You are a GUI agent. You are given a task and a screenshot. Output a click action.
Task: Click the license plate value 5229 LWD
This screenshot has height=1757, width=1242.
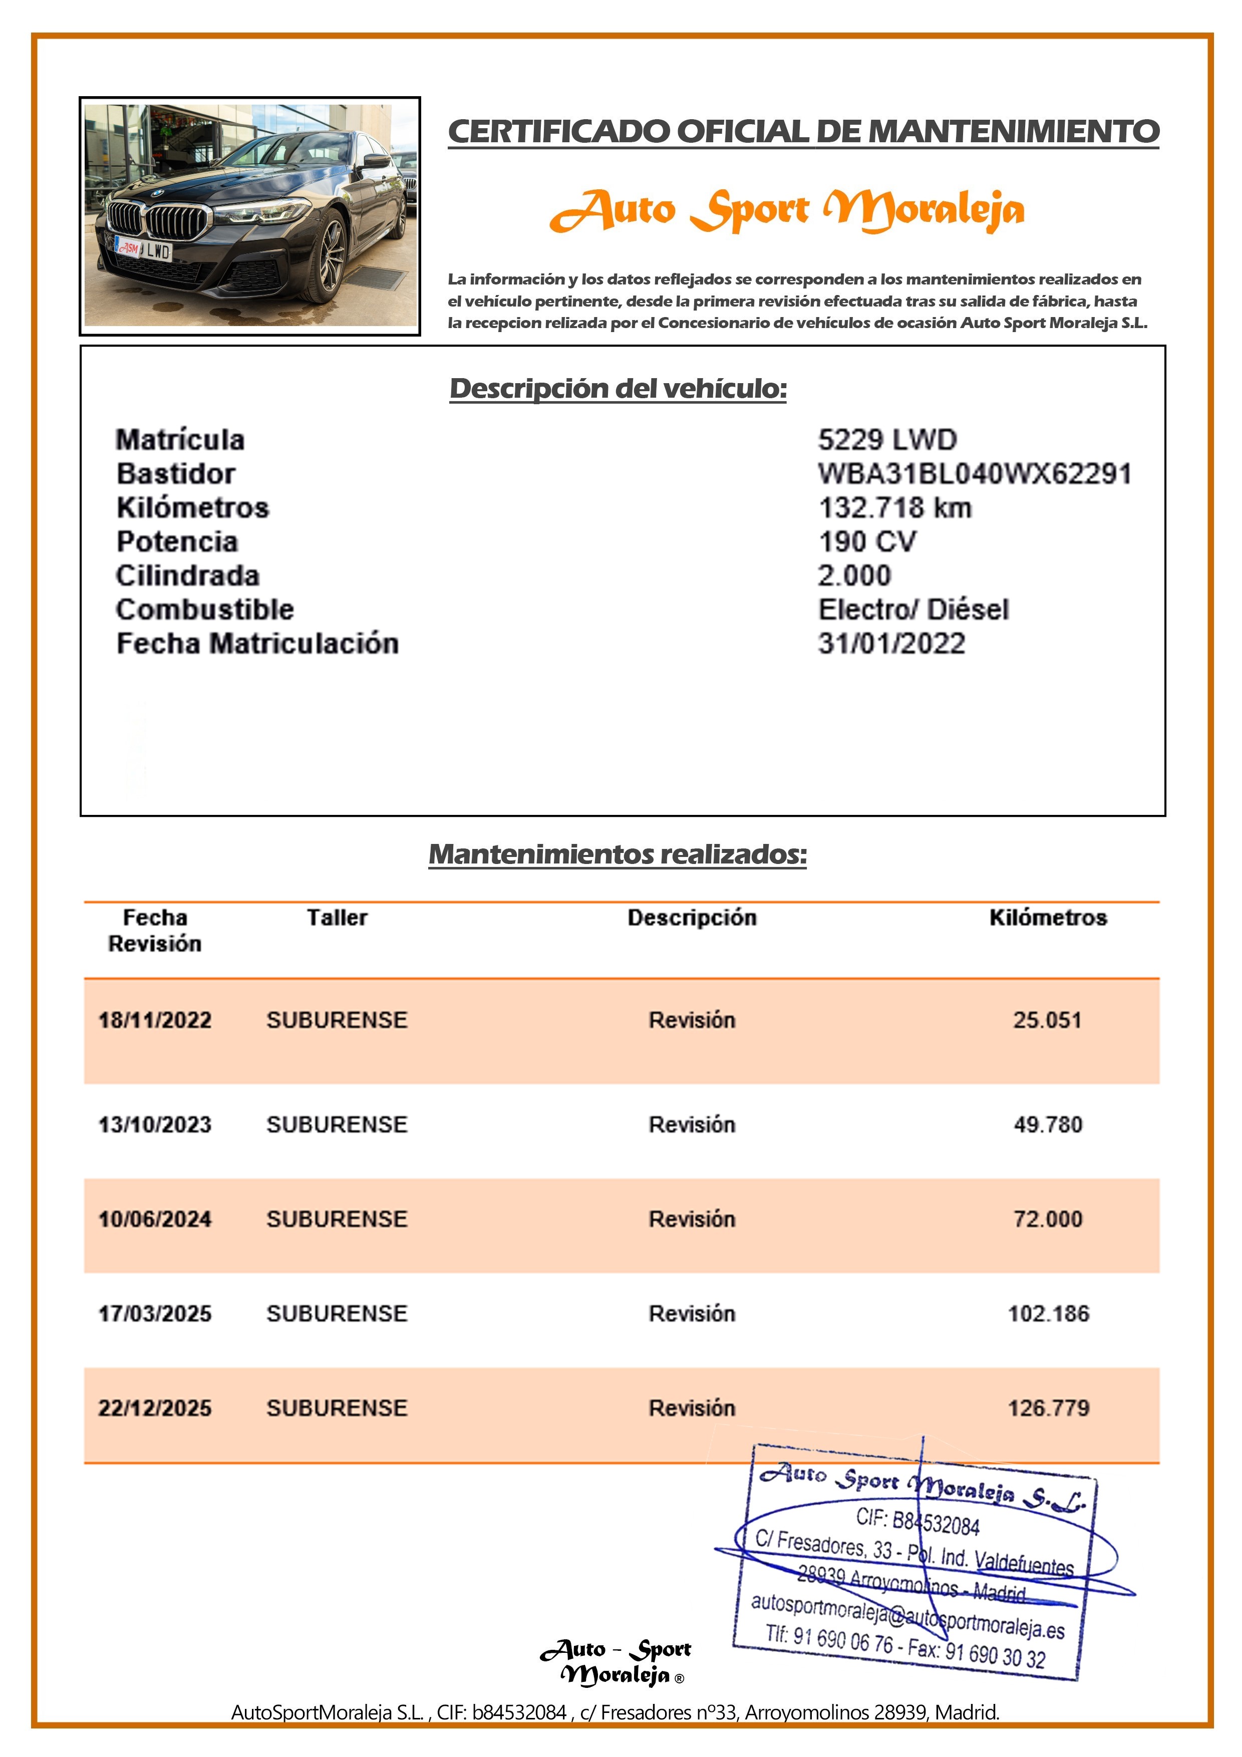pos(887,440)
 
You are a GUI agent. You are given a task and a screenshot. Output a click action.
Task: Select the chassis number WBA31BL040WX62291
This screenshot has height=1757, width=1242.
pos(974,474)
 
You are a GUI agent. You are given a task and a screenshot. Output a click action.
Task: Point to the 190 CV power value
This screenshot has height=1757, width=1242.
pos(867,542)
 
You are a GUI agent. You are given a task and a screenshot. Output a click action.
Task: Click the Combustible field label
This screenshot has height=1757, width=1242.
pos(204,610)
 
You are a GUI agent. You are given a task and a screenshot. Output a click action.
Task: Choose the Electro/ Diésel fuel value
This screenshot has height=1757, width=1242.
pos(913,610)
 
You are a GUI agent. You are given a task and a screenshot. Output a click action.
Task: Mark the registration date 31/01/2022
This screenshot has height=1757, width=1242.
pos(891,644)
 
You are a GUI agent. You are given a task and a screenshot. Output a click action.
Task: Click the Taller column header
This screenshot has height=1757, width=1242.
pos(337,918)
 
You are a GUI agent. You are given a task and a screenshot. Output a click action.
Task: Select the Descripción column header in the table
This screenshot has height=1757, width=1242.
pos(692,918)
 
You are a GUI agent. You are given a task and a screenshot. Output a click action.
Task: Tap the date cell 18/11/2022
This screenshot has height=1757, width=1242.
pos(155,1020)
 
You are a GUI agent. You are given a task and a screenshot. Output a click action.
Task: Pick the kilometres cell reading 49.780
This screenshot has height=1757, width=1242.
pos(1048,1125)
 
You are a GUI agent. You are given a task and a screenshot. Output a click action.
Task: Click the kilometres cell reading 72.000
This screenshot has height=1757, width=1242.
pos(1048,1219)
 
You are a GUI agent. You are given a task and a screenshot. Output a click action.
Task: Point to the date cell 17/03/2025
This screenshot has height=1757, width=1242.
pos(155,1314)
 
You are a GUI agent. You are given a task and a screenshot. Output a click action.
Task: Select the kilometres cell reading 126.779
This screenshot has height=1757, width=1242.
pos(1048,1408)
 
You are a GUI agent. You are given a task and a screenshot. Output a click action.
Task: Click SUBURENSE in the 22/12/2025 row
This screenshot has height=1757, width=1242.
pos(337,1408)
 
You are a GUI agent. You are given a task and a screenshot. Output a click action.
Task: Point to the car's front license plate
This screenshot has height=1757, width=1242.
pos(144,249)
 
